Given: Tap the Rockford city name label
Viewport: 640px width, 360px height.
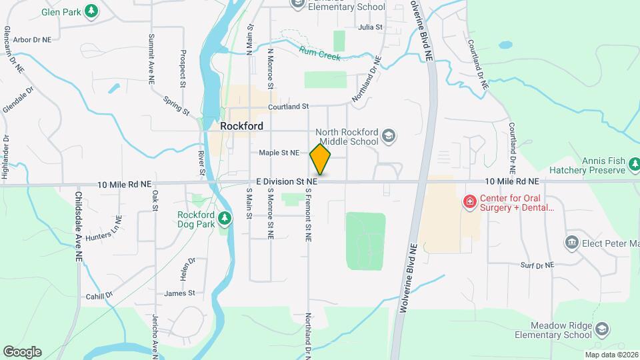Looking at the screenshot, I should [241, 126].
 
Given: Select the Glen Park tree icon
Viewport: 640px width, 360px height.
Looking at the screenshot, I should [92, 11].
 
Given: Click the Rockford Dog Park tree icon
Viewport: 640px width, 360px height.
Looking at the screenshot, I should [225, 218].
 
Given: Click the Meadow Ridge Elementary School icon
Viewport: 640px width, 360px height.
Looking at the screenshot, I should [602, 329].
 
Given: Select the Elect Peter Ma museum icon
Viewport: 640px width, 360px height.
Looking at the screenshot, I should [571, 243].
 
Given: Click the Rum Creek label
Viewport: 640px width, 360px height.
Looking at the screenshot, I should [320, 53].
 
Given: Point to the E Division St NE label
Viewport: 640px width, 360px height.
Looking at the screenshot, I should [287, 181].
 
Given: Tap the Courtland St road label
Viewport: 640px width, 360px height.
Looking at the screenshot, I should [289, 107].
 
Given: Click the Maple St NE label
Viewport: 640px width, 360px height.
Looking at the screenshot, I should [279, 153].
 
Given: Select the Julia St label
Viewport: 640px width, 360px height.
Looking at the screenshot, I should [370, 27].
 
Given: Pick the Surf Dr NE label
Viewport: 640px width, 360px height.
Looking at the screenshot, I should [537, 265].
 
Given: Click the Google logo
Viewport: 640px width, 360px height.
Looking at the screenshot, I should [22, 351].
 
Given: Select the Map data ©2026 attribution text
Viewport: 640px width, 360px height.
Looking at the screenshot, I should [611, 355].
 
